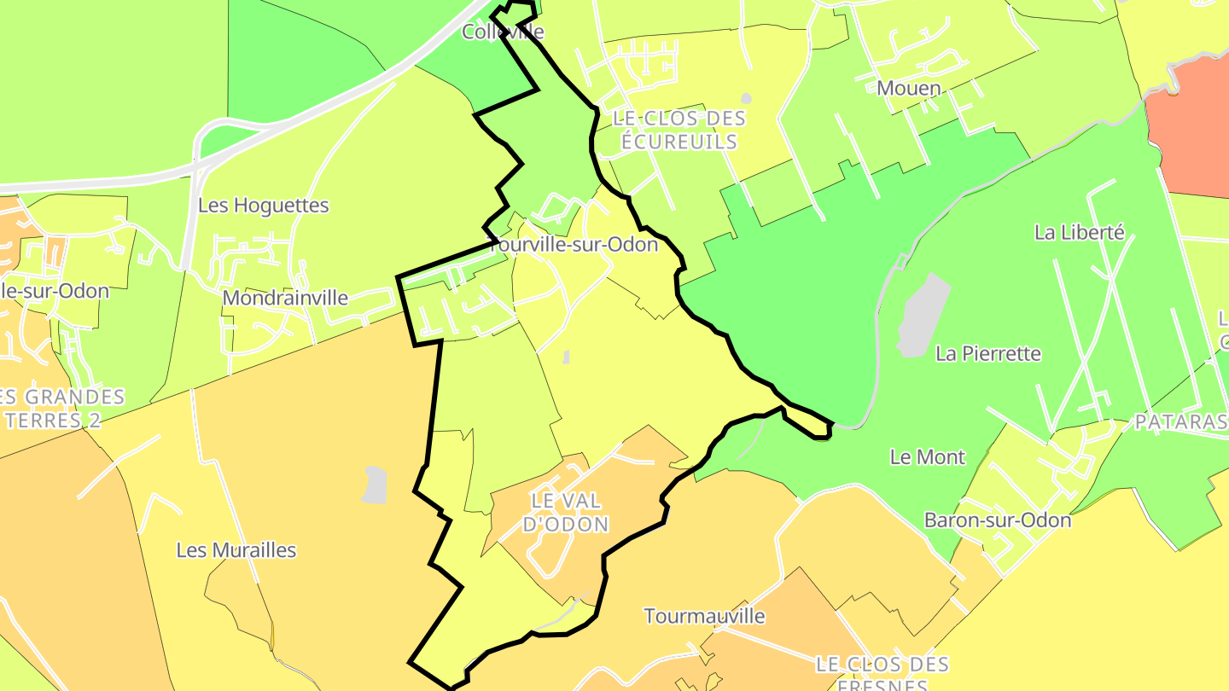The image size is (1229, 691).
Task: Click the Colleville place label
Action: (x=502, y=32)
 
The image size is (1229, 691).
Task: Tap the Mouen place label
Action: (x=908, y=89)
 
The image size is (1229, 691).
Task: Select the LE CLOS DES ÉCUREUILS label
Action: (x=679, y=131)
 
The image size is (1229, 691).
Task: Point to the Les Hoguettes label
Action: (x=263, y=206)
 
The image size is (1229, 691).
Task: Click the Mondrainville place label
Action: (x=285, y=299)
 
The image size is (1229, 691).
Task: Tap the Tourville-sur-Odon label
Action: (x=577, y=245)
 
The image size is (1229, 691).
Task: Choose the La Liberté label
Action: (x=1080, y=232)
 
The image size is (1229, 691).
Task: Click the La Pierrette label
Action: (x=988, y=353)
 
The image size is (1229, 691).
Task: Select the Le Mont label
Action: (x=927, y=457)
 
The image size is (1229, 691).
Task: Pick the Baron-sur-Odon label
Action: (x=997, y=520)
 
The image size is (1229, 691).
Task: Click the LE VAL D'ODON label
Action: (x=565, y=512)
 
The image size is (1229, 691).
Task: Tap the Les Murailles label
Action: (x=236, y=550)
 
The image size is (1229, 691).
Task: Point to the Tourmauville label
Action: (x=704, y=616)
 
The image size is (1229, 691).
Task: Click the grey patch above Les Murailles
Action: (x=375, y=485)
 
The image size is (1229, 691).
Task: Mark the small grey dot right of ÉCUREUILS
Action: (x=746, y=99)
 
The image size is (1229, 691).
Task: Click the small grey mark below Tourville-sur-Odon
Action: (x=566, y=356)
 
